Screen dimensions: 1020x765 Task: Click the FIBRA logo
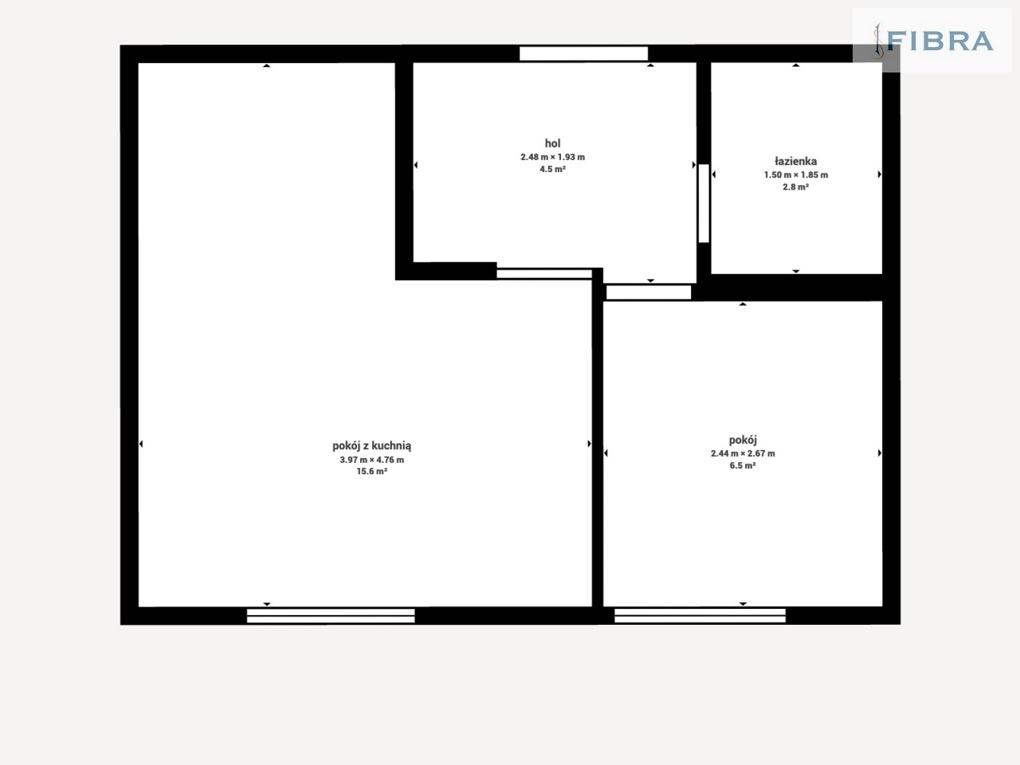click(x=933, y=41)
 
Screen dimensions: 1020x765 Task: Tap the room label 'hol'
click(x=552, y=143)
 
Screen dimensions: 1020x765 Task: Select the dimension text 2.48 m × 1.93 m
click(x=552, y=157)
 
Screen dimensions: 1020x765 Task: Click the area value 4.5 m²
click(x=552, y=169)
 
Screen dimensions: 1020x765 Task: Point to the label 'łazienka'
click(x=795, y=161)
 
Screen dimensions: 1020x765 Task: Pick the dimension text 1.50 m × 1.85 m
click(x=795, y=175)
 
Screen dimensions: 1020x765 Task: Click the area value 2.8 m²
click(x=795, y=186)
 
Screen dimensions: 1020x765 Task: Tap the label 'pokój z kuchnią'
click(x=372, y=446)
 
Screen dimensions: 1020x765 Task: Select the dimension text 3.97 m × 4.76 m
click(x=372, y=460)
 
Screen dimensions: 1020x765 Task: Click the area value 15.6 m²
click(x=372, y=472)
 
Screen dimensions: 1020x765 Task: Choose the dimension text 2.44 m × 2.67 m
click(x=743, y=453)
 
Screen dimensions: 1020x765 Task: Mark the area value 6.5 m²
click(x=743, y=465)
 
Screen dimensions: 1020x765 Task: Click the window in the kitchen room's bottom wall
click(x=331, y=616)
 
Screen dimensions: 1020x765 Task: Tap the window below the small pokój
click(x=700, y=615)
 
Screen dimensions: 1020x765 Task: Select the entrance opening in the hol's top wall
click(x=583, y=53)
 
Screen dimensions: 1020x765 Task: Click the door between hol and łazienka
click(x=704, y=203)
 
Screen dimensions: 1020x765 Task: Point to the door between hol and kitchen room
click(x=544, y=273)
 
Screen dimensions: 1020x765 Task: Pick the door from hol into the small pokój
click(x=649, y=292)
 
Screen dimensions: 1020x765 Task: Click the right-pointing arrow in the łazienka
click(x=880, y=175)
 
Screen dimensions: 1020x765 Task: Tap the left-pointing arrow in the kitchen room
click(x=141, y=444)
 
